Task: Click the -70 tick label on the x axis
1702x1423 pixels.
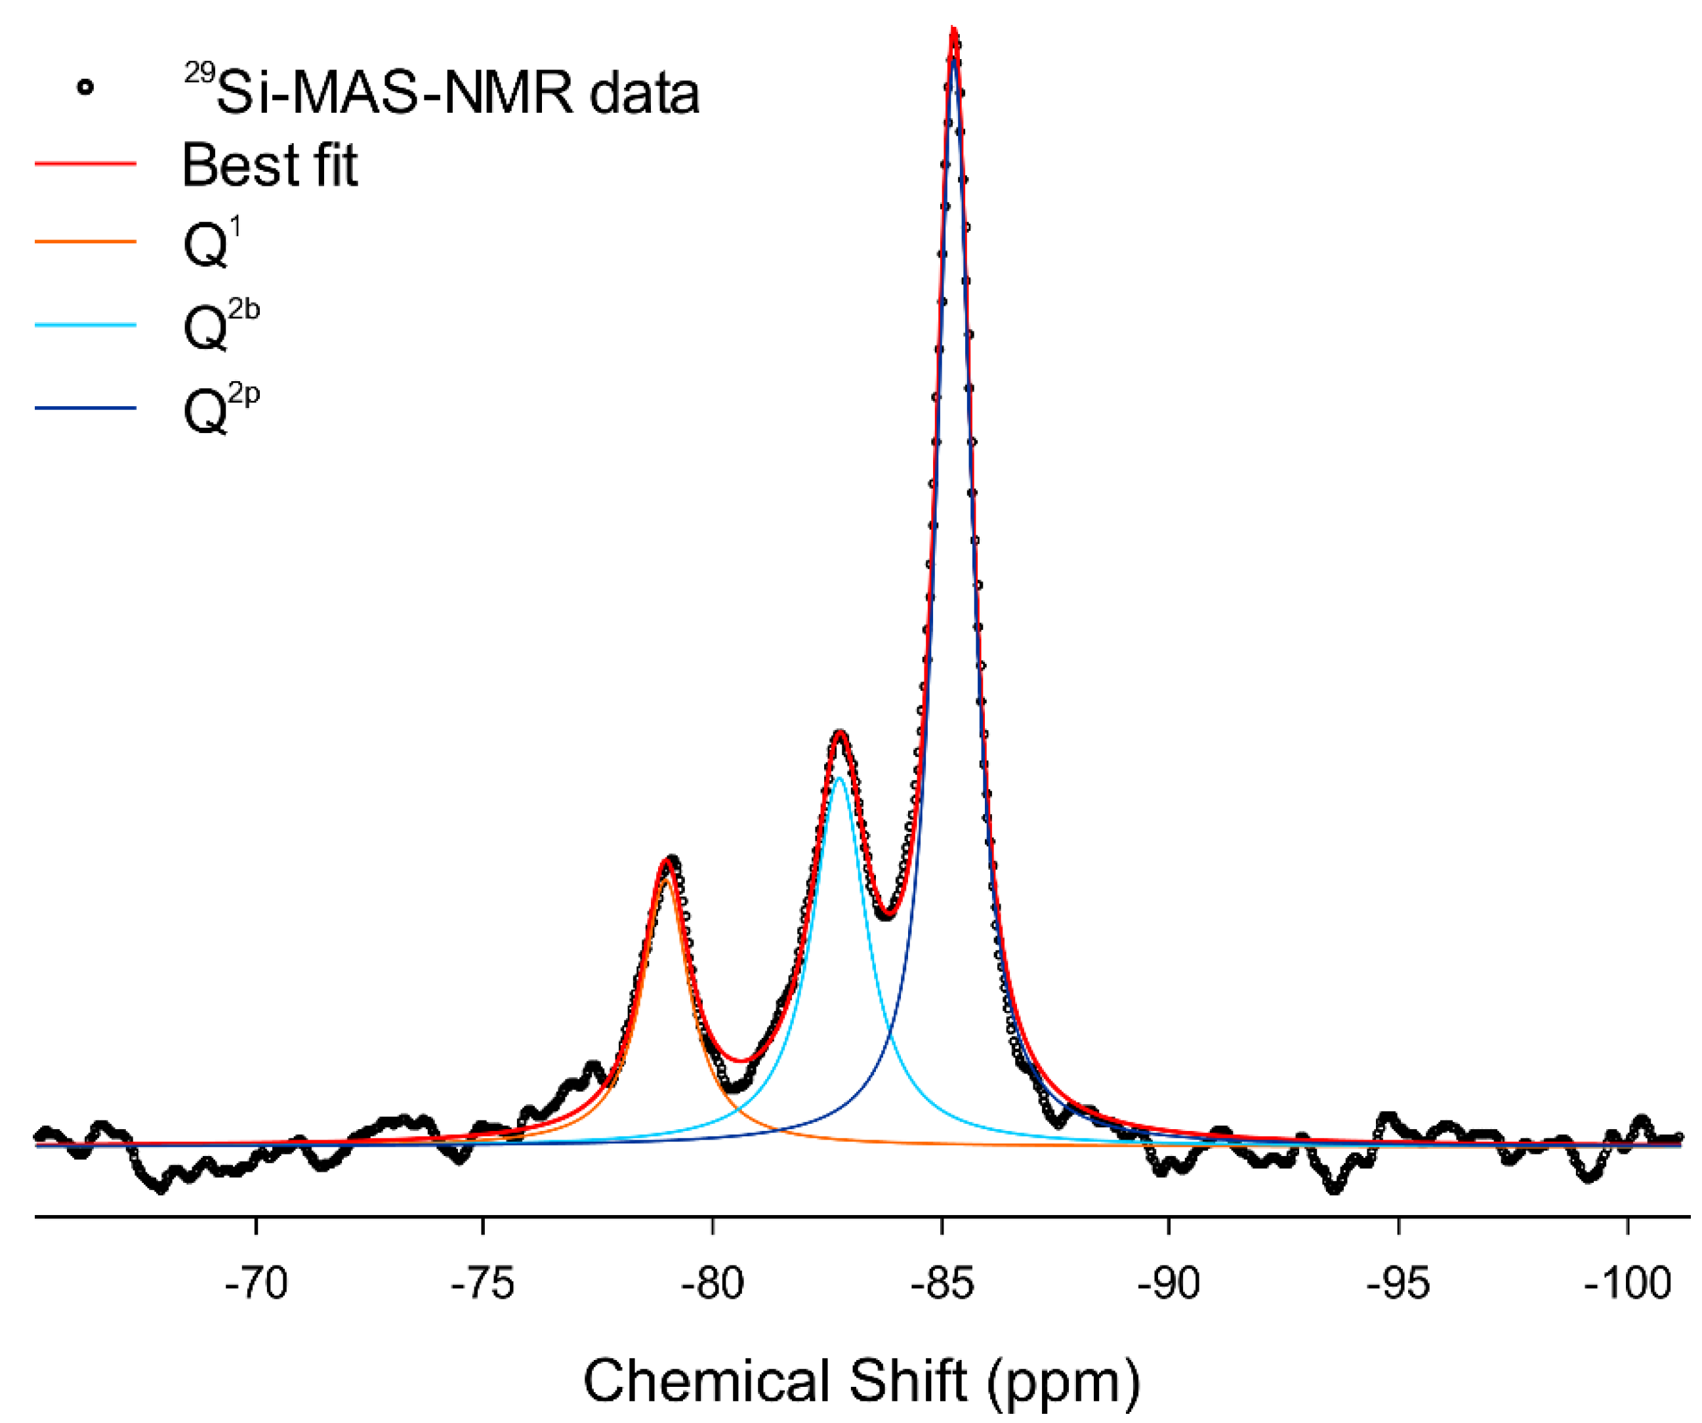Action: tap(256, 1285)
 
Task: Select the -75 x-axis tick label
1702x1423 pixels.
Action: tap(483, 1285)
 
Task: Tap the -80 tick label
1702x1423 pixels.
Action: tap(713, 1285)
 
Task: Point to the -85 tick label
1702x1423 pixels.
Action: tap(941, 1285)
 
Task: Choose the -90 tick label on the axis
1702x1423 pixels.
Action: tap(1169, 1285)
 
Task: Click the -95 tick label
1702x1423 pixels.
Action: tap(1398, 1285)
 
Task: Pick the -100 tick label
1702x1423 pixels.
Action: tap(1627, 1285)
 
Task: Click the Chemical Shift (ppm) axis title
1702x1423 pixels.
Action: tap(861, 1381)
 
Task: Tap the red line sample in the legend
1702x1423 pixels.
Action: tap(85, 164)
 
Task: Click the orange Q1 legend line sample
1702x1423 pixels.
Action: tap(85, 241)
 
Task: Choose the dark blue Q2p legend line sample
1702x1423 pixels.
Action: tap(85, 407)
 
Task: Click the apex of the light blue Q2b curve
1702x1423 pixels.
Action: tap(840, 777)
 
